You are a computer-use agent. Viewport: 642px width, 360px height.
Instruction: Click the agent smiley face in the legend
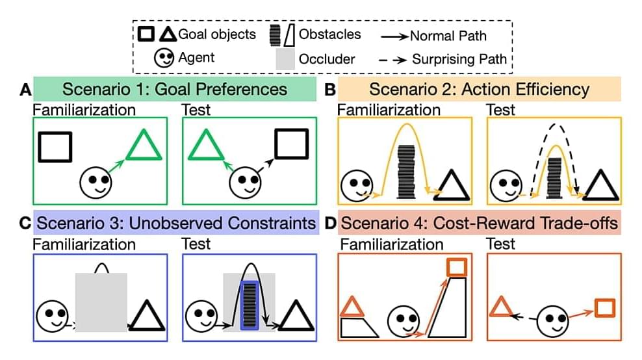pos(164,58)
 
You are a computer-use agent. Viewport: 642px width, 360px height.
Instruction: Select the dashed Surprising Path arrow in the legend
pos(392,59)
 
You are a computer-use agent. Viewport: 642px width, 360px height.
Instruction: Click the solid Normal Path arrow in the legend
pos(392,36)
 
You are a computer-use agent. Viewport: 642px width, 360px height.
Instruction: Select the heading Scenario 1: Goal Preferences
pos(174,89)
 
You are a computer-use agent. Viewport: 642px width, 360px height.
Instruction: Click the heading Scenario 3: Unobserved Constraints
pos(175,224)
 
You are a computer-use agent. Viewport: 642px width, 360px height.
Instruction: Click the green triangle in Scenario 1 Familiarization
pos(142,147)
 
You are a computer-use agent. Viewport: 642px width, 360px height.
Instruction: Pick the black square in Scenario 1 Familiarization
pos(54,146)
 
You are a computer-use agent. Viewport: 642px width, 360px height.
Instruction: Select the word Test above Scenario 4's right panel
pos(500,244)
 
